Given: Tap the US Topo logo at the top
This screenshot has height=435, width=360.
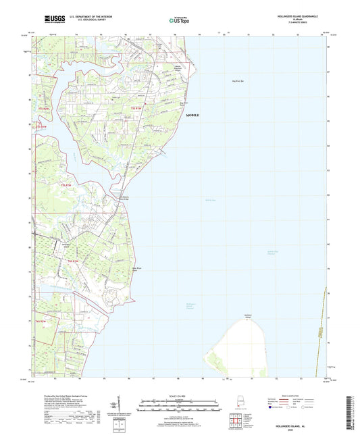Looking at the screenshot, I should click(x=179, y=21).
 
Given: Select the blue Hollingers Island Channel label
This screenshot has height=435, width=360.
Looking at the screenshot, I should click(x=191, y=306).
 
